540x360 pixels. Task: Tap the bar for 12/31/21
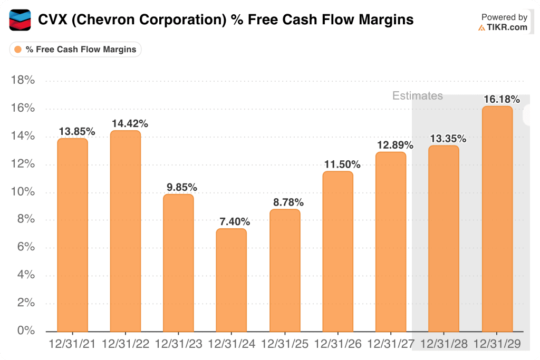[73, 235]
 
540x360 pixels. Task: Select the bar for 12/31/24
[232, 279]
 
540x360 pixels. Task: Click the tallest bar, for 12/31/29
[497, 219]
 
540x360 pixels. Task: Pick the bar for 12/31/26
[337, 251]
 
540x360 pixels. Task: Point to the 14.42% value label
[130, 123]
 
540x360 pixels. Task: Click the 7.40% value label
[232, 221]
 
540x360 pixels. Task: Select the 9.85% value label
[179, 187]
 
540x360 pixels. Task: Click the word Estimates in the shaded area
[417, 96]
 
